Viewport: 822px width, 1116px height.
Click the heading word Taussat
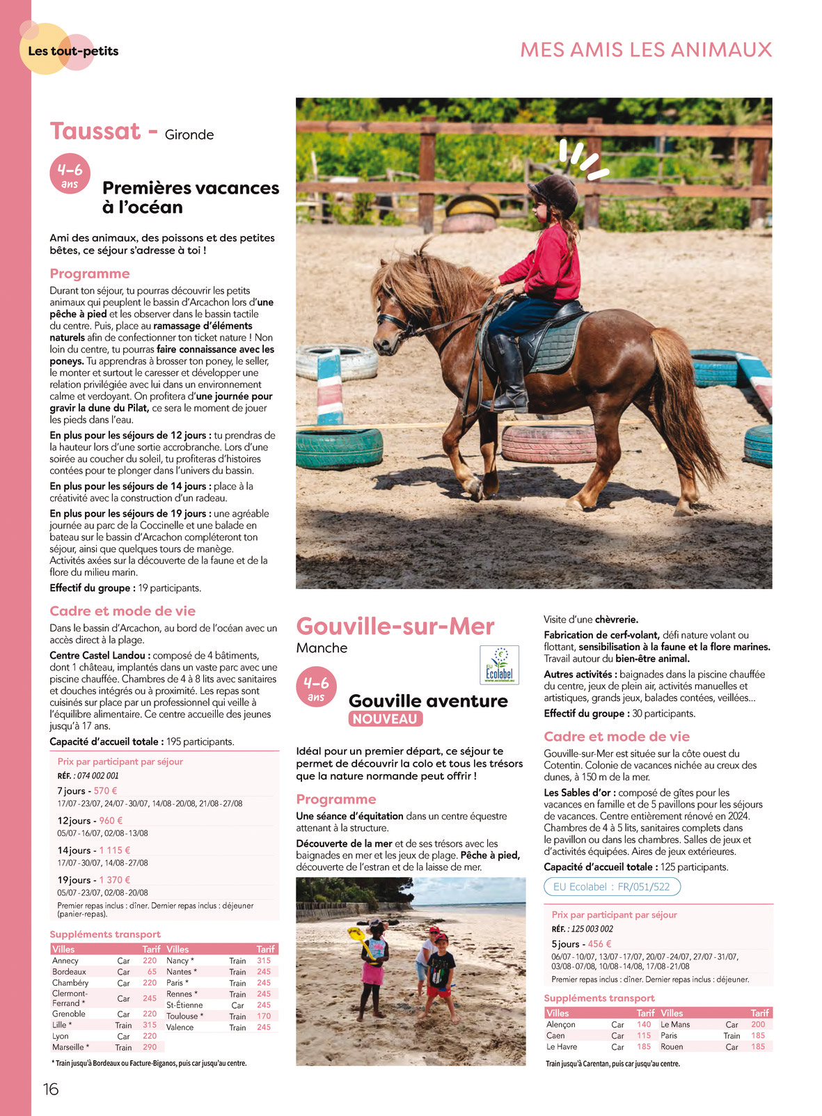[95, 131]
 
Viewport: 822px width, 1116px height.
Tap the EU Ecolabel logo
[499, 666]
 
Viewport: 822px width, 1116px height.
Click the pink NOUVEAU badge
[386, 719]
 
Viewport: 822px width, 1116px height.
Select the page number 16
[51, 1090]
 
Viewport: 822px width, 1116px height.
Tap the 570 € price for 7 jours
[105, 791]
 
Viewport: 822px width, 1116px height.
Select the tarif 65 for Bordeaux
[152, 972]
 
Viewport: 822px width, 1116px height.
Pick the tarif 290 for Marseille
[150, 1047]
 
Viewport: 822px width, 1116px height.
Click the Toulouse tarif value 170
[264, 1016]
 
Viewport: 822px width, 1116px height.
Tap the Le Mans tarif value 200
[758, 1024]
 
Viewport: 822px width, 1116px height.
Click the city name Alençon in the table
[561, 1024]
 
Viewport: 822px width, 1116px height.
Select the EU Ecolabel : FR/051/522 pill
[612, 887]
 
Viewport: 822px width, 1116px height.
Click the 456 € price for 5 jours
[599, 944]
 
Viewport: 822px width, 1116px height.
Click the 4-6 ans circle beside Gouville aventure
[317, 687]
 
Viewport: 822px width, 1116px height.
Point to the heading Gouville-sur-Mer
[395, 627]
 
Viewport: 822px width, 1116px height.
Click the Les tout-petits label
[73, 51]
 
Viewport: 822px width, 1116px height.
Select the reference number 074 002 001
[98, 776]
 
